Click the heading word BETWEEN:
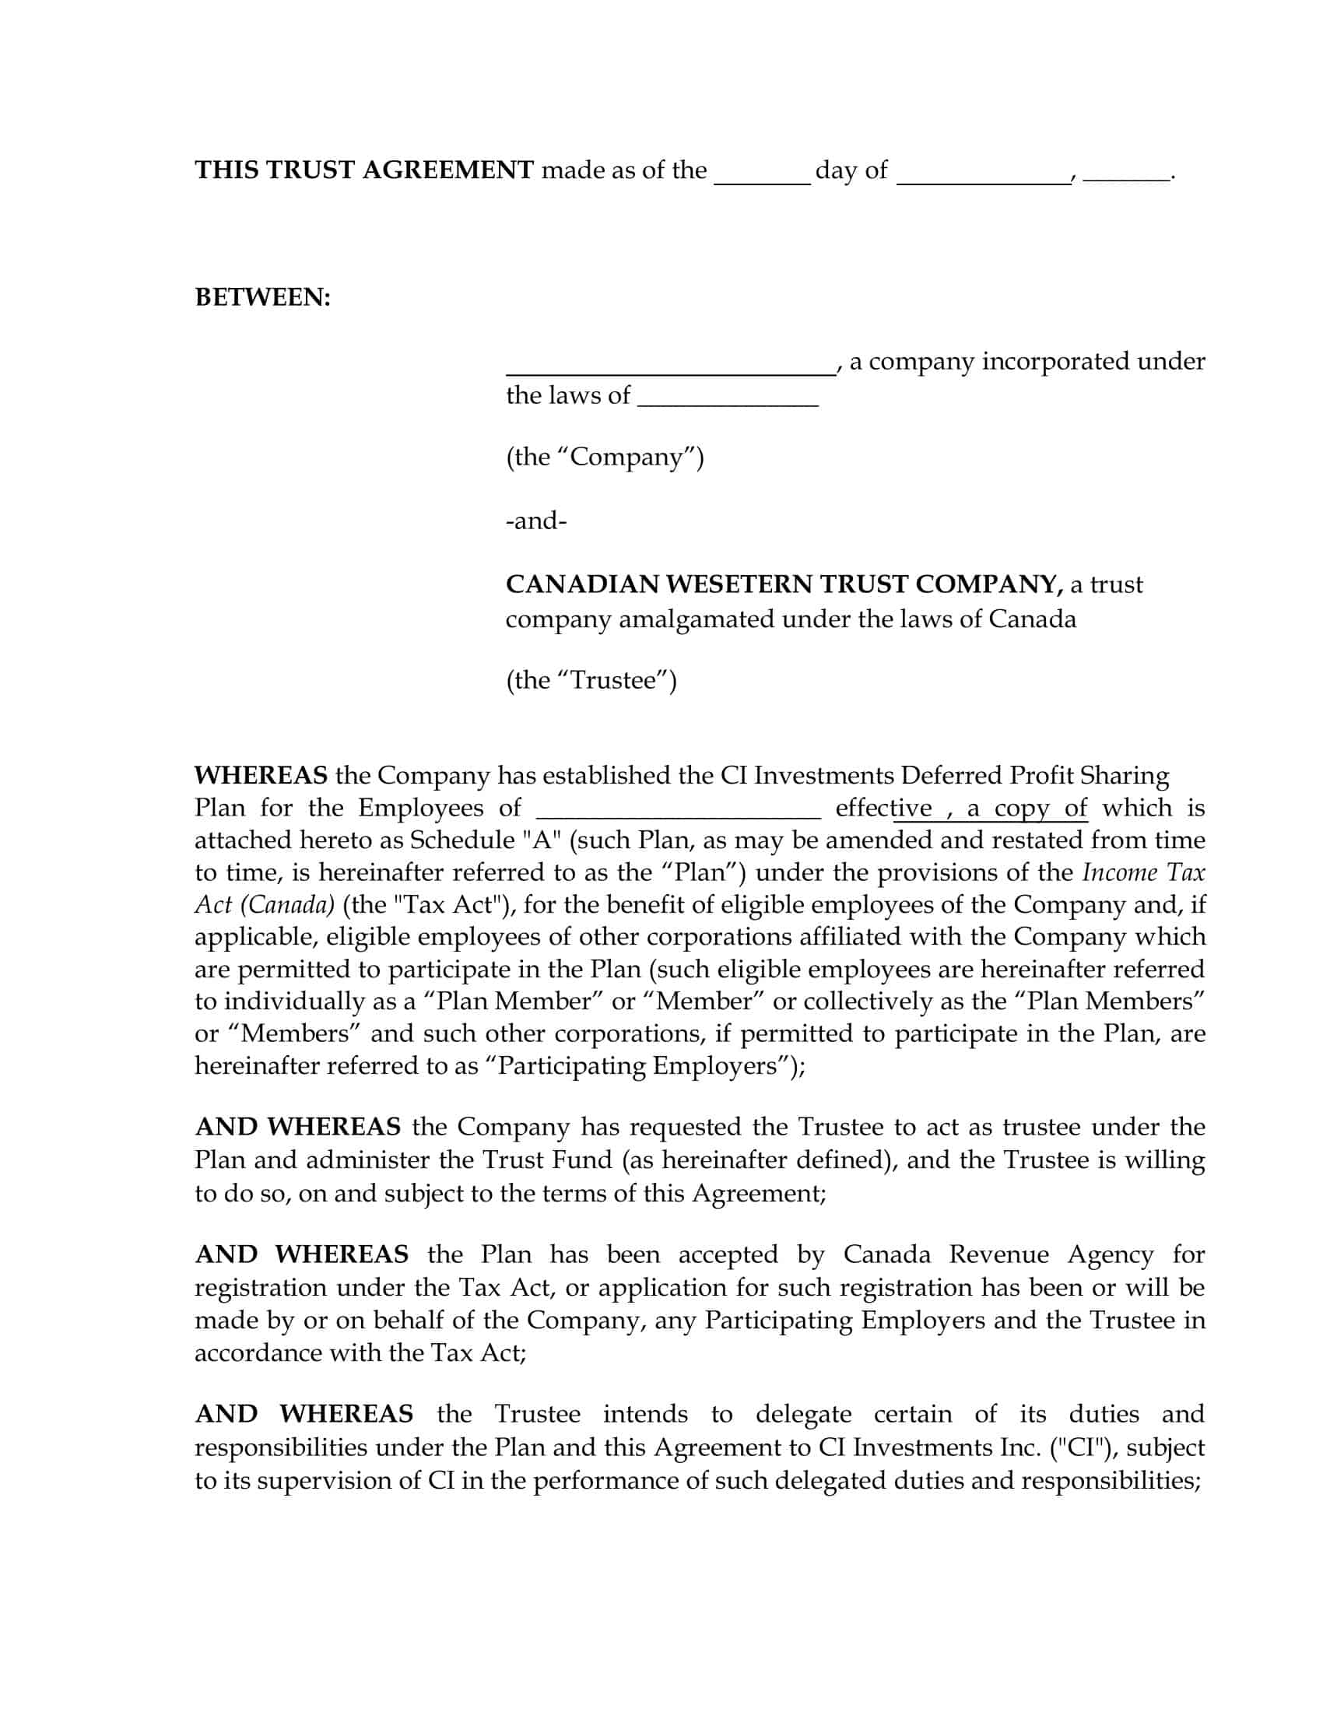point(262,298)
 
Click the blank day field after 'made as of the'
point(762,174)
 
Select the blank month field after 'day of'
point(984,174)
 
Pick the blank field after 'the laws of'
point(728,398)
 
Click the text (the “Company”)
point(604,457)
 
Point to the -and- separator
point(536,521)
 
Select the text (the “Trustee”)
point(591,679)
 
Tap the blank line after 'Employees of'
point(679,809)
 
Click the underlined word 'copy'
point(1022,809)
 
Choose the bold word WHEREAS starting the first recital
point(261,775)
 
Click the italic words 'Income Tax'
point(1143,872)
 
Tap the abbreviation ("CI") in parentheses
point(1084,1447)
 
